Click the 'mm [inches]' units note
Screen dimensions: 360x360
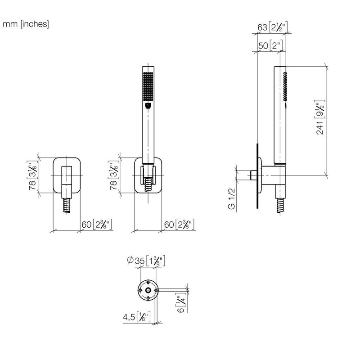tap(26, 24)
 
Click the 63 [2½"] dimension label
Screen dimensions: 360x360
tap(272, 27)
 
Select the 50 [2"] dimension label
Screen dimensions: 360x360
tap(270, 45)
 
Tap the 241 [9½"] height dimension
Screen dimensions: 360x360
tap(319, 117)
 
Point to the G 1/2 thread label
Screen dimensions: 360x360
tap(232, 199)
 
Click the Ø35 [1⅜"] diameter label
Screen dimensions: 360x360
tap(146, 261)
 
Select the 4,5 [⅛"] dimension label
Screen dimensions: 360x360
tap(137, 317)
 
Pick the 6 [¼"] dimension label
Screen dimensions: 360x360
tap(181, 303)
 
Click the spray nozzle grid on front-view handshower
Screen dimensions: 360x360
tap(148, 86)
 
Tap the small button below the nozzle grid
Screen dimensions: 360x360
tap(148, 106)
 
